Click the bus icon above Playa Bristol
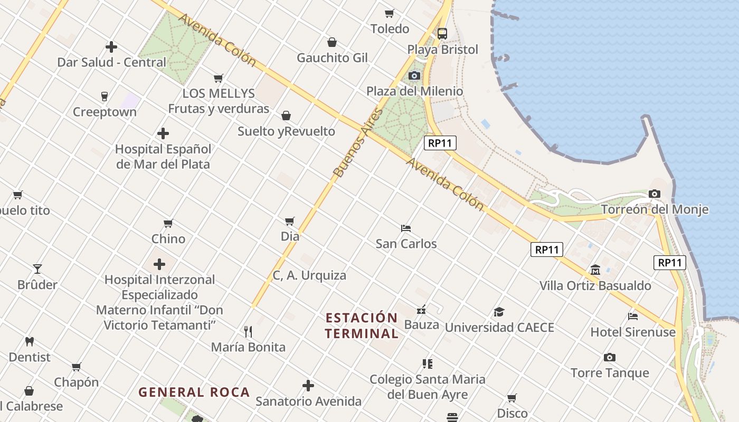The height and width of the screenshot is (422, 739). click(442, 34)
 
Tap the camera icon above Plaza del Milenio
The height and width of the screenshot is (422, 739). click(414, 75)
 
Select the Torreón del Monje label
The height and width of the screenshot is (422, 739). click(655, 209)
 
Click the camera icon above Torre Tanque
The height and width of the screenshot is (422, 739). click(610, 357)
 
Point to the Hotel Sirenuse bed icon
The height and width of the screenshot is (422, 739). click(633, 316)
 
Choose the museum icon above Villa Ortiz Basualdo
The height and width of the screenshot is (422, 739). click(595, 270)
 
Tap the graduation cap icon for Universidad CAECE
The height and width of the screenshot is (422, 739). click(499, 312)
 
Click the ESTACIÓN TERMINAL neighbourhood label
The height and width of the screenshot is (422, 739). click(362, 325)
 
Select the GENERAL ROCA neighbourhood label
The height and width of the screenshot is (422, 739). click(194, 392)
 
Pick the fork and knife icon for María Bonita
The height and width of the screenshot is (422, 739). click(248, 331)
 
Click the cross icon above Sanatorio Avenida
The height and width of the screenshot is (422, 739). click(308, 386)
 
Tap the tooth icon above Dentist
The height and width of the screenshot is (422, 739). click(30, 341)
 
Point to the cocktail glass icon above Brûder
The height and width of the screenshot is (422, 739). click(37, 269)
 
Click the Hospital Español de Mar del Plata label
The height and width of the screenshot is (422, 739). click(163, 157)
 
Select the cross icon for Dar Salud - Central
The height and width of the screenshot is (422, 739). click(111, 47)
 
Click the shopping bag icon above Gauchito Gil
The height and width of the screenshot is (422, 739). click(332, 42)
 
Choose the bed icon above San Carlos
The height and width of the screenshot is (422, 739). click(406, 228)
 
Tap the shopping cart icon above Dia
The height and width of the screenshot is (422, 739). click(290, 221)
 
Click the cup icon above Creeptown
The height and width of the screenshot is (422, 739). click(105, 96)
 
